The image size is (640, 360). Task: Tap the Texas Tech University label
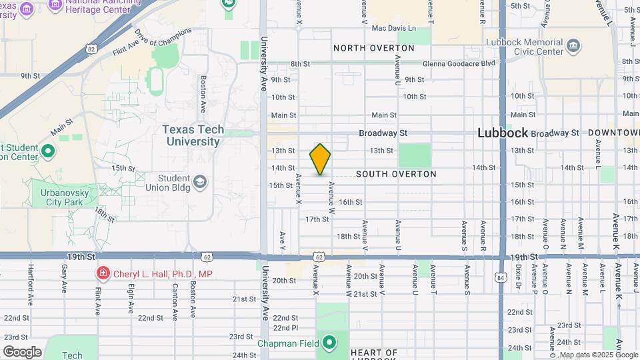193,136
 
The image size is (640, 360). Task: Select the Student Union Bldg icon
199,182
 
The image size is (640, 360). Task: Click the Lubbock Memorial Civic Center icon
574,47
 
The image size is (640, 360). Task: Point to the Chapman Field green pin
329,344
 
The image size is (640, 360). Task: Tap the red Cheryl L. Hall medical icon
103,273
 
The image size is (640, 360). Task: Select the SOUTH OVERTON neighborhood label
396,174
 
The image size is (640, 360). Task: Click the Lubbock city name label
503,133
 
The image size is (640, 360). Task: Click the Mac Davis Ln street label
393,28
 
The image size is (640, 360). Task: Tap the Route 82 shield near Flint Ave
91,48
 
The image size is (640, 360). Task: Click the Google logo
22,352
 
